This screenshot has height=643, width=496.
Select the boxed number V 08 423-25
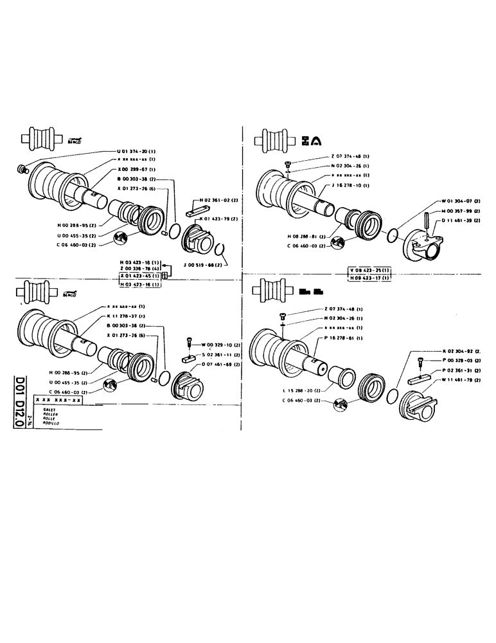pos(369,270)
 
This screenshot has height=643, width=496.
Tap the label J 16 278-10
pos(350,185)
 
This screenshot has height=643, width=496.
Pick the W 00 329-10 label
pos(221,345)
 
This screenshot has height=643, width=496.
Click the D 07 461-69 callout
pos(220,365)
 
